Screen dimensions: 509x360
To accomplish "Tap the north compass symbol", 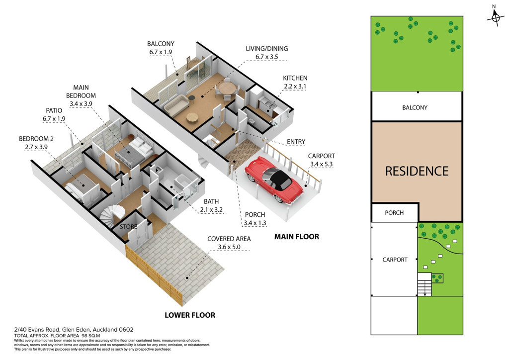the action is (x=495, y=17).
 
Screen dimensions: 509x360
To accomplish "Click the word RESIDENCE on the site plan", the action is (x=417, y=171).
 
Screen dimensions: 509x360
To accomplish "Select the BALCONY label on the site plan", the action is (x=415, y=107).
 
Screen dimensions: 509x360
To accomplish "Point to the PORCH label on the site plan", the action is (x=394, y=213).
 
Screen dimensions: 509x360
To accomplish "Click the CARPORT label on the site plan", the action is (x=395, y=260).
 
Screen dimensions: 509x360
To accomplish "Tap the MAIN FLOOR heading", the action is (x=297, y=237).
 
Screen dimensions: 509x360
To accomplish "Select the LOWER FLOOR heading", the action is (x=190, y=315).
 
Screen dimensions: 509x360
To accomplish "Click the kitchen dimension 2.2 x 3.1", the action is (x=295, y=87).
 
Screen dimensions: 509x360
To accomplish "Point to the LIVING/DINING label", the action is (x=267, y=48).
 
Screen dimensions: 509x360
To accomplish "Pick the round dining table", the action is (x=227, y=88).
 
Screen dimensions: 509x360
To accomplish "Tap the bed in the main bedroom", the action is (x=134, y=151).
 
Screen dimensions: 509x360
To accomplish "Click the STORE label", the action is (x=129, y=227).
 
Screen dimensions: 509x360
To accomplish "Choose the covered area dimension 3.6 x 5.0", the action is (x=229, y=247).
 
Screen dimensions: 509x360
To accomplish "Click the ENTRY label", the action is (x=296, y=142).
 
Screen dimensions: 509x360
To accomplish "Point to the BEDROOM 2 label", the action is (x=36, y=139).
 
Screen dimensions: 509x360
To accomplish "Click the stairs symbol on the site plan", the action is (x=424, y=284).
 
